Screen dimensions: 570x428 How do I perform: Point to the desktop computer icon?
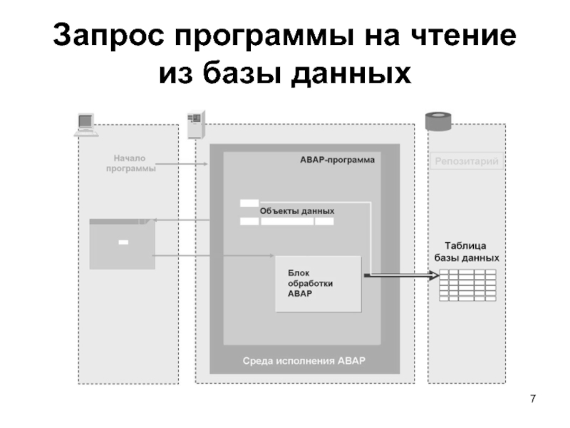pyautogui.click(x=85, y=124)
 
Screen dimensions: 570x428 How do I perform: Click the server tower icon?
pyautogui.click(x=194, y=125)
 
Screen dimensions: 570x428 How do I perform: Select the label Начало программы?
pyautogui.click(x=131, y=163)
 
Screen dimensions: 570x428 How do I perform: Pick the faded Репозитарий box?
pyautogui.click(x=466, y=163)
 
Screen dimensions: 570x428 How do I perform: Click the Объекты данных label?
pyautogui.click(x=296, y=211)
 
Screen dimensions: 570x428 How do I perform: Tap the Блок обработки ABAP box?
pyautogui.click(x=318, y=283)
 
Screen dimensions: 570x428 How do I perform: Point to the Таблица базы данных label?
pyautogui.click(x=466, y=250)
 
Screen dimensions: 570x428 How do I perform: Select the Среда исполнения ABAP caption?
pyautogui.click(x=304, y=360)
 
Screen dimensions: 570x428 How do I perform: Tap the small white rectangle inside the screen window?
pyautogui.click(x=123, y=243)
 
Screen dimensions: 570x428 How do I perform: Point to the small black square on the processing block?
pyautogui.click(x=367, y=275)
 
